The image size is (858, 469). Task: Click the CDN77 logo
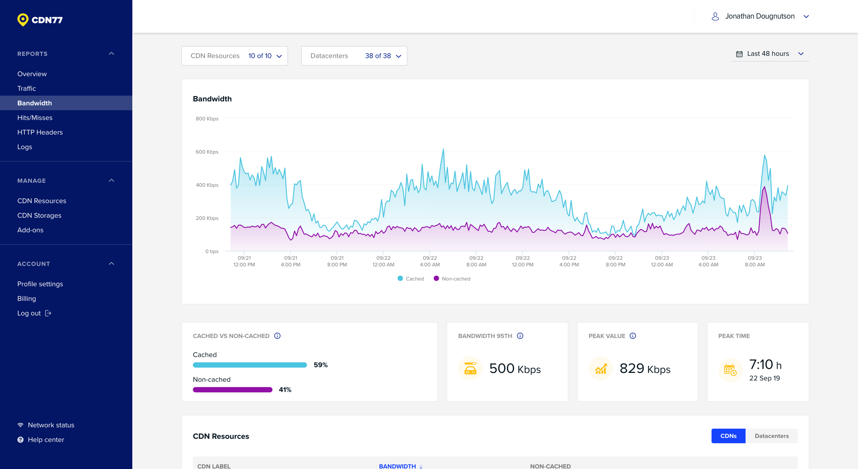pos(40,20)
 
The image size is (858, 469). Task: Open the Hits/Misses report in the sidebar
pos(34,118)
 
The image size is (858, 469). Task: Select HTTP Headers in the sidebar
pos(40,132)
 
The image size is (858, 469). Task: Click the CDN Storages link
pos(39,215)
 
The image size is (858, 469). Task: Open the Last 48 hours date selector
pos(770,54)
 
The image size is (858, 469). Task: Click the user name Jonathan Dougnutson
pos(759,16)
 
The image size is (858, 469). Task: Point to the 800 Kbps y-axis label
pos(207,119)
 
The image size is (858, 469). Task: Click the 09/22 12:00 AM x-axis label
pos(383,261)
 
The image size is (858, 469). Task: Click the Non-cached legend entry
pos(452,279)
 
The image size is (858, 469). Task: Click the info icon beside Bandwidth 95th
pos(520,336)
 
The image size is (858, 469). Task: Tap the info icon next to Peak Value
pos(633,336)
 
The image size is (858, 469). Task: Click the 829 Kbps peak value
pos(645,369)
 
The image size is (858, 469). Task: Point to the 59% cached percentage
pos(321,365)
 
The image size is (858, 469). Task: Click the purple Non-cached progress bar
pos(233,390)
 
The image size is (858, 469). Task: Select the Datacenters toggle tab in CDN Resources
pos(771,436)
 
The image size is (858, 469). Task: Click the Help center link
pos(46,440)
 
